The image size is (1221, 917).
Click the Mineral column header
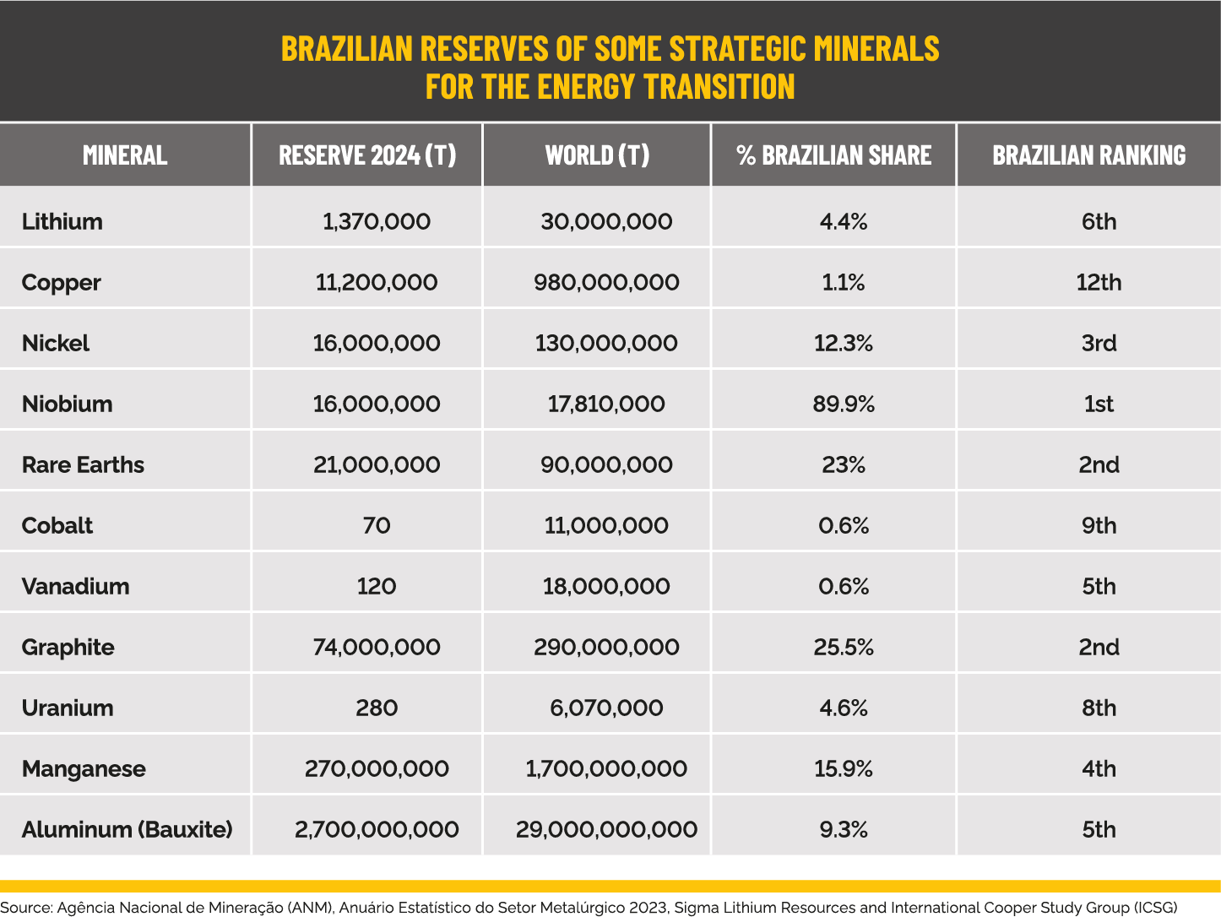125,155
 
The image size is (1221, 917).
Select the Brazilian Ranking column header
1088,155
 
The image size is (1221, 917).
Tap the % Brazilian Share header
833,155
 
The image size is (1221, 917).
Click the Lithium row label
62,221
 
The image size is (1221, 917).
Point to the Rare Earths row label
83,464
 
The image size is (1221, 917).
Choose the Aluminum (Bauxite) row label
127,829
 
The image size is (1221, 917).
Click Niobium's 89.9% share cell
844,404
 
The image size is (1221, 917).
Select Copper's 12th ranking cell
1099,282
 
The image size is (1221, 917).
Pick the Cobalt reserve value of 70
376,525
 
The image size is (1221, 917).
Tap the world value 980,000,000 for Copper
606,282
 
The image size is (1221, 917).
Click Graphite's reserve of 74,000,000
376,647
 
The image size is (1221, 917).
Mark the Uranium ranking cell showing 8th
1099,708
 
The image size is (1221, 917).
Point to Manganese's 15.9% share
844,768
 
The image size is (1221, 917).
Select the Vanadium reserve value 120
376,586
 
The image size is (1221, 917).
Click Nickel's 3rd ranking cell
1099,343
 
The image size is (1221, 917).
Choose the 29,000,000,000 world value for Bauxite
606,829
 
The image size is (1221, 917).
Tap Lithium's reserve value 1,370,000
376,221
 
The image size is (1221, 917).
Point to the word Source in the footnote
25,908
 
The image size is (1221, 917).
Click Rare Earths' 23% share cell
844,464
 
